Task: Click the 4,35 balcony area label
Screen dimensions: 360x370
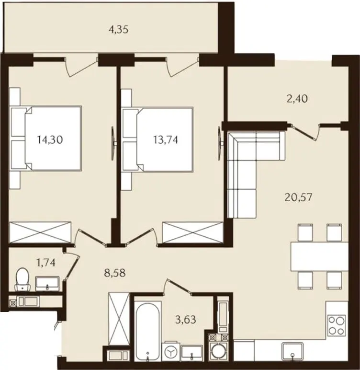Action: click(119, 30)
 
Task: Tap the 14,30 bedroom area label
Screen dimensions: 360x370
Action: click(50, 140)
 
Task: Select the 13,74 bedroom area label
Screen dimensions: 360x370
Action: click(166, 140)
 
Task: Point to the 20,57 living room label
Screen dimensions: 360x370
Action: click(298, 197)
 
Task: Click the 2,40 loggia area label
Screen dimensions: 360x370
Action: click(297, 99)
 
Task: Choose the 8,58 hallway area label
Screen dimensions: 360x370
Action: click(115, 273)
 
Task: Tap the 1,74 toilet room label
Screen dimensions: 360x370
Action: click(46, 262)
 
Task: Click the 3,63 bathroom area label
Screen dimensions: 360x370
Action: click(186, 320)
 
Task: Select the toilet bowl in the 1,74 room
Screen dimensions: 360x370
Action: click(22, 278)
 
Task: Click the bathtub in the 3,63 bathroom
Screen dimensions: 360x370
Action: click(148, 331)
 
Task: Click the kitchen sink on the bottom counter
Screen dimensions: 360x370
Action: click(292, 352)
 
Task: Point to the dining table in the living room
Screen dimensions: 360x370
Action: click(319, 256)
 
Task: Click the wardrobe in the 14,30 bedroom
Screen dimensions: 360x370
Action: click(40, 232)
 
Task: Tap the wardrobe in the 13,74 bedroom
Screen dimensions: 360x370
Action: click(192, 232)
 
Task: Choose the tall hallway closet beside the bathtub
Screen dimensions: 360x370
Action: click(119, 319)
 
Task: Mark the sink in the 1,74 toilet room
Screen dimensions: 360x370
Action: click(47, 283)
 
